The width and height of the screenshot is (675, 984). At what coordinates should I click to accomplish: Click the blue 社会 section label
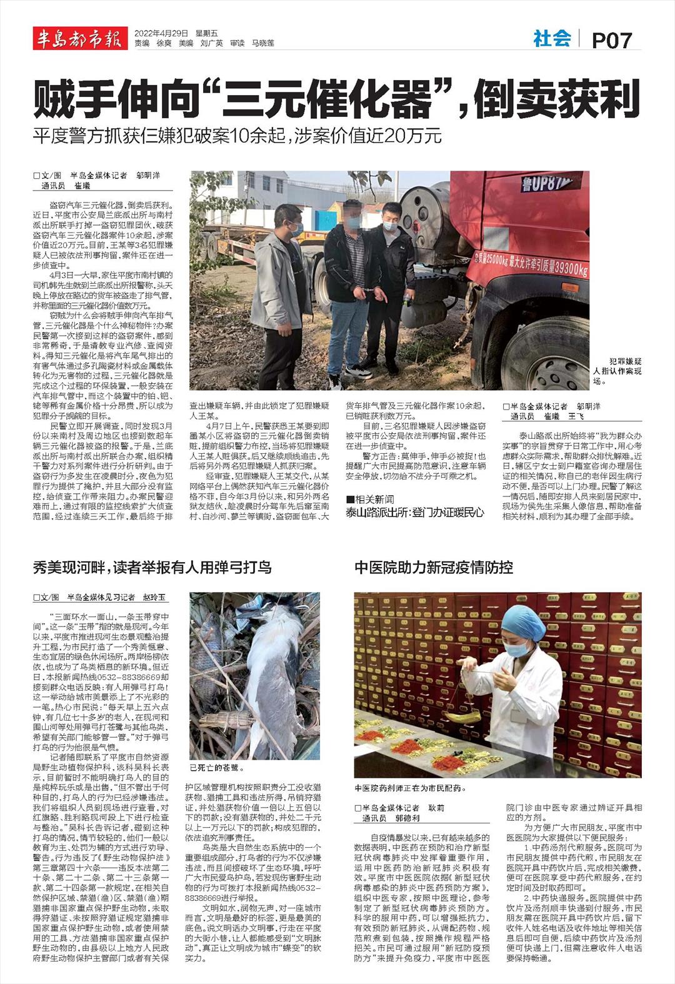point(552,39)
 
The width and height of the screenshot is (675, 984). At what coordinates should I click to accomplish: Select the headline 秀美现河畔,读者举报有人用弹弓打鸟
point(152,568)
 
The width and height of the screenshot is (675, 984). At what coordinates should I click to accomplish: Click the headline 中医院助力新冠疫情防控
point(434,568)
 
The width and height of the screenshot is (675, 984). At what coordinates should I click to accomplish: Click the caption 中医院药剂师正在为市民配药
point(410,788)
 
